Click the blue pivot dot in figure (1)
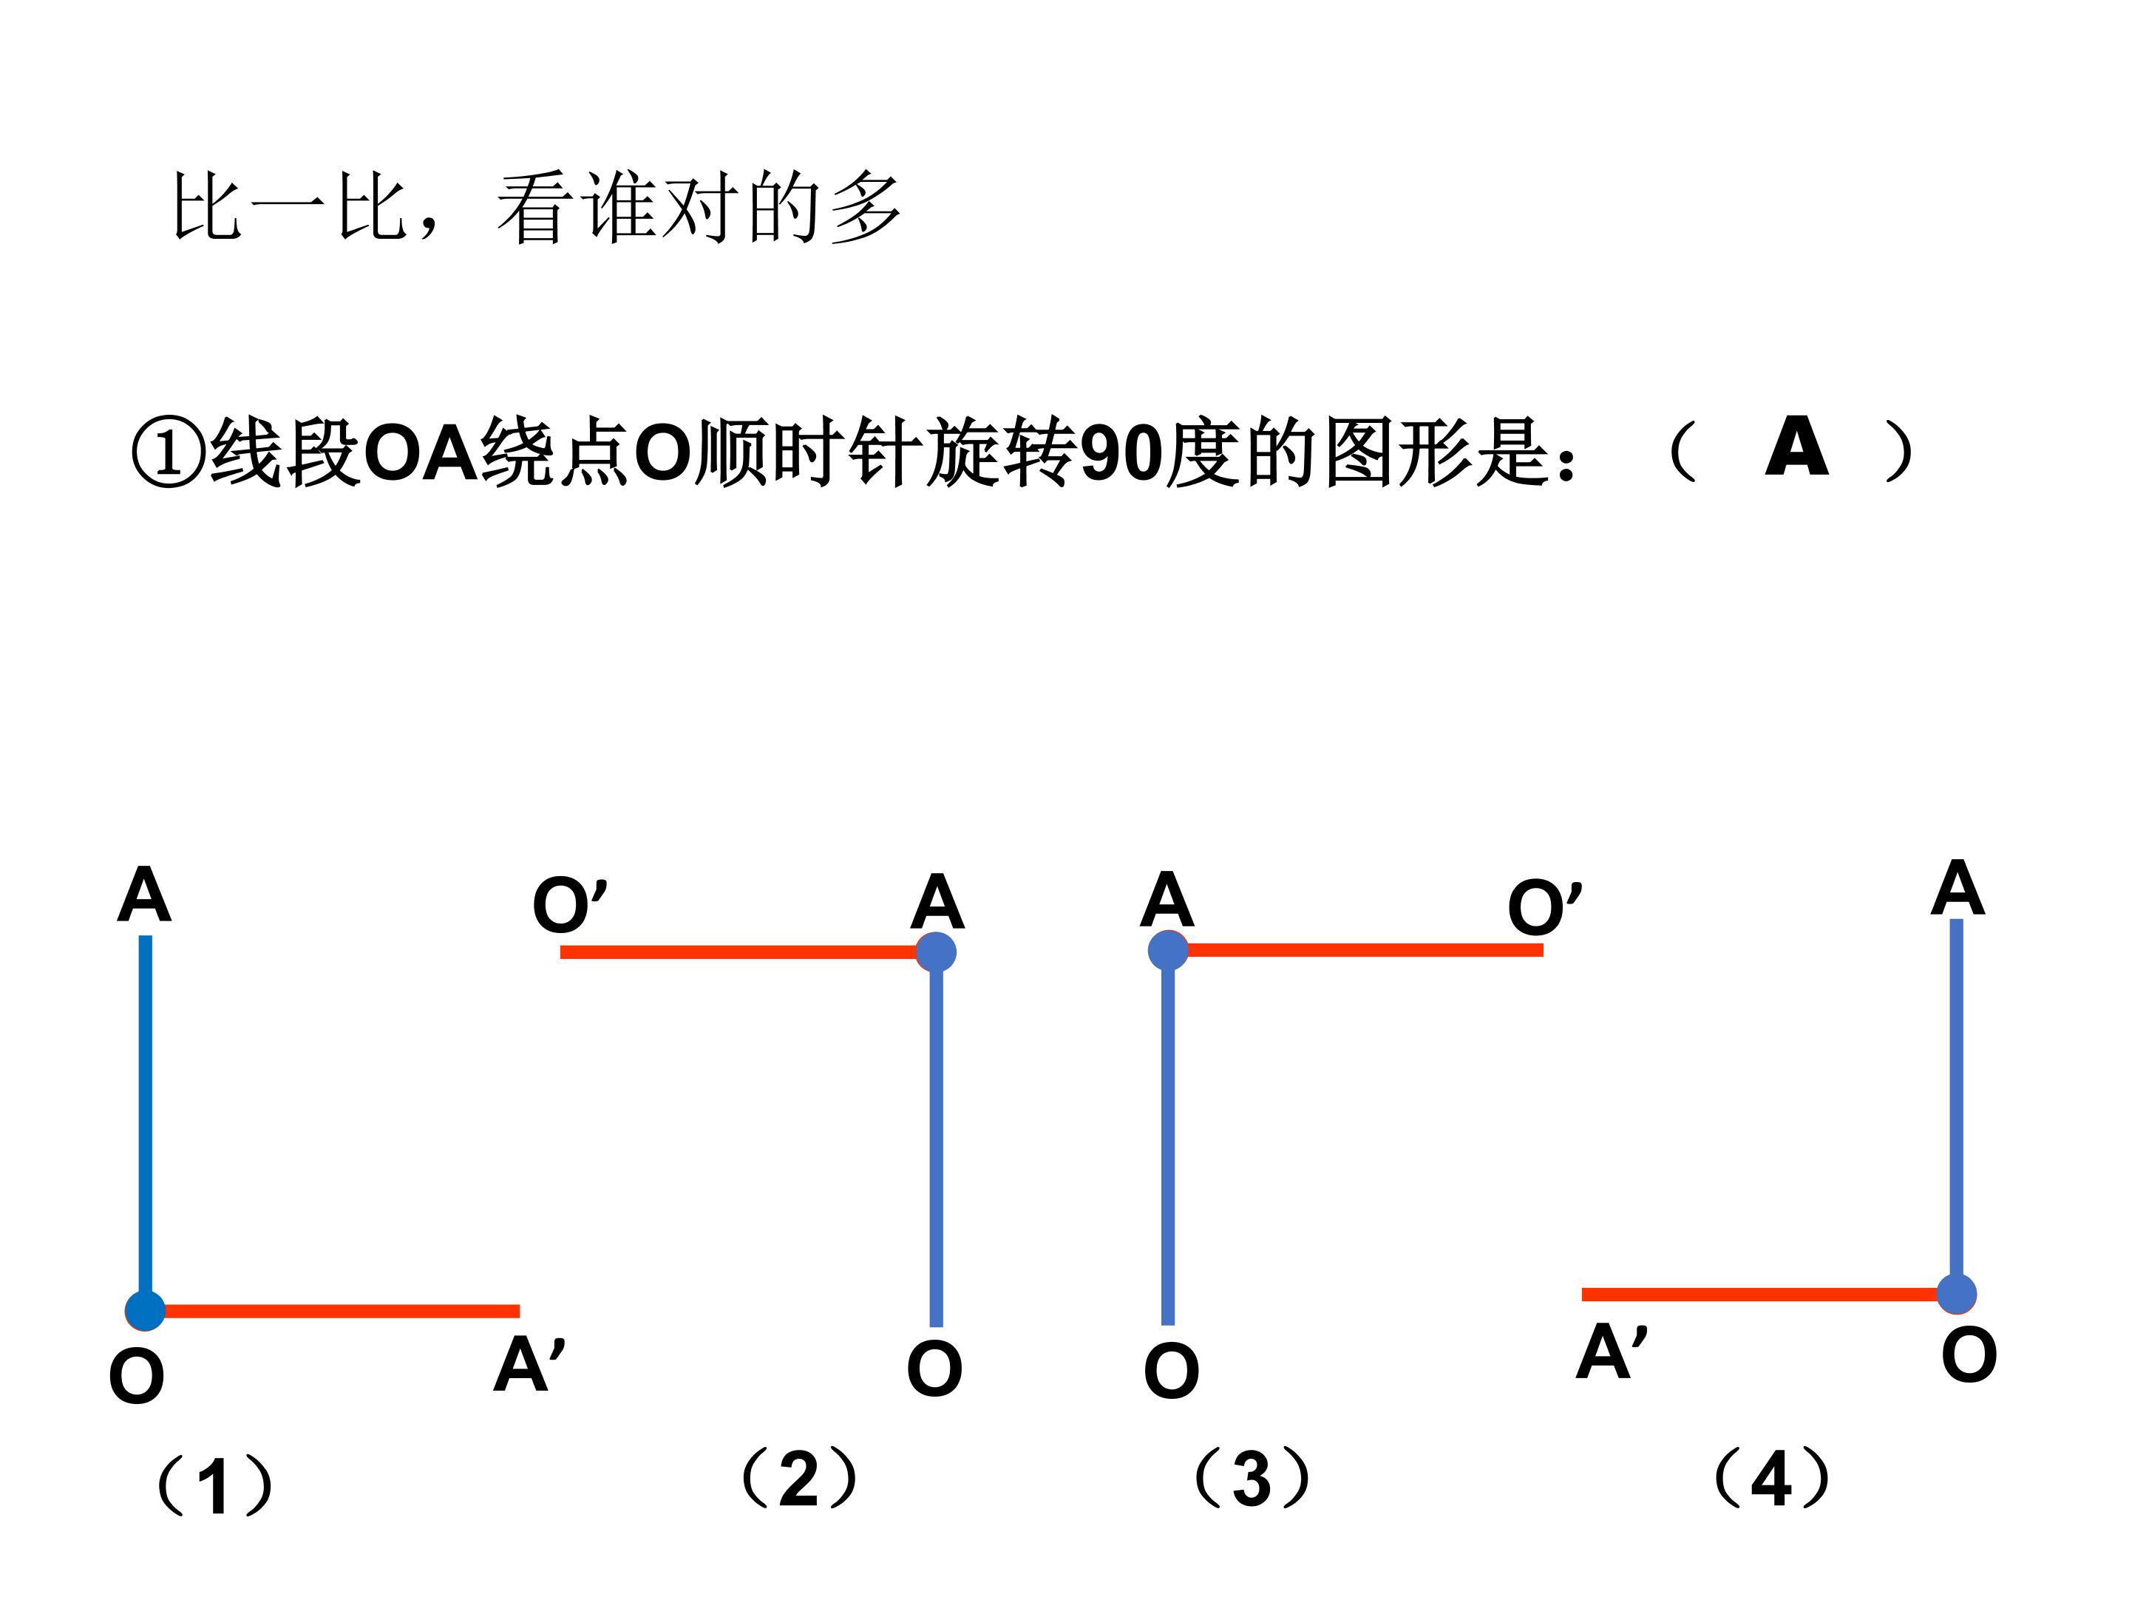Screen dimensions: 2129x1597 [x=146, y=1310]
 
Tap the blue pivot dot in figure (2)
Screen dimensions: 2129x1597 [x=936, y=952]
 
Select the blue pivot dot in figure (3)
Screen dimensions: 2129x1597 [x=1169, y=950]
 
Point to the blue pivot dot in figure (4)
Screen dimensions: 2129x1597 [x=1956, y=1294]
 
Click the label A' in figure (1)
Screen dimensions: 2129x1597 [x=529, y=1364]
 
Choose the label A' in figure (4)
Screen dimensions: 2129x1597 [x=1612, y=1351]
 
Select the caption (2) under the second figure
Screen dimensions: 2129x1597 [x=798, y=1478]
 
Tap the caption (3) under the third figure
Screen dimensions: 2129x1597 [x=1252, y=1478]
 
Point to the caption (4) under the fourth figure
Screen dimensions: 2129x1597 [x=1772, y=1478]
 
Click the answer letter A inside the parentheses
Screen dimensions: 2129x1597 [x=1796, y=447]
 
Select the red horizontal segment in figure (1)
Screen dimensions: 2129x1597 [x=332, y=1311]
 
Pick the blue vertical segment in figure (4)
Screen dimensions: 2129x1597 [x=1957, y=1106]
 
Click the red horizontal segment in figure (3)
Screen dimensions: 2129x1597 [x=1356, y=950]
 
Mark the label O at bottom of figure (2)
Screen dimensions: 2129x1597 [x=934, y=1368]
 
